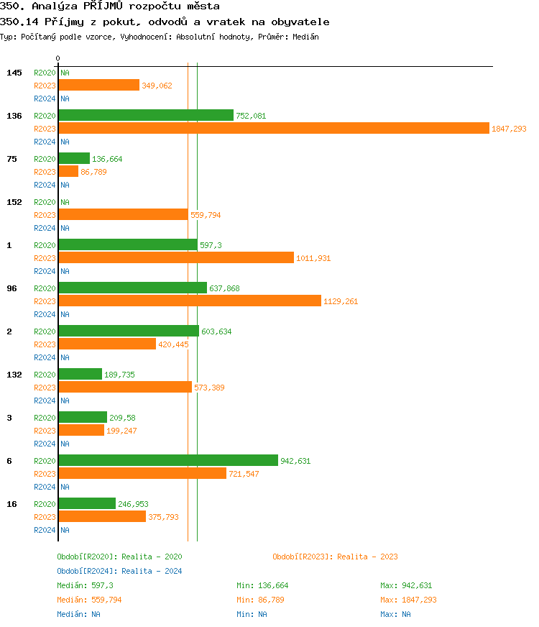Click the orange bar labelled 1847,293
[273, 128]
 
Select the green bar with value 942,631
[168, 460]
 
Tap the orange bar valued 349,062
[98, 85]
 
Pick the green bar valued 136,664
[74, 158]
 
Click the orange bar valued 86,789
[68, 171]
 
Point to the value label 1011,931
[313, 258]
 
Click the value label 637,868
[226, 288]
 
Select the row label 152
[14, 202]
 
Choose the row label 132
[14, 375]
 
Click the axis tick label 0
[58, 58]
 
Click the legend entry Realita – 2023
[335, 557]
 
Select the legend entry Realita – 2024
[119, 571]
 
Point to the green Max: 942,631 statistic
[406, 585]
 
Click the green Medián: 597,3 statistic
[83, 585]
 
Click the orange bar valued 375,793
[102, 516]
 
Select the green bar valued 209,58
[83, 417]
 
